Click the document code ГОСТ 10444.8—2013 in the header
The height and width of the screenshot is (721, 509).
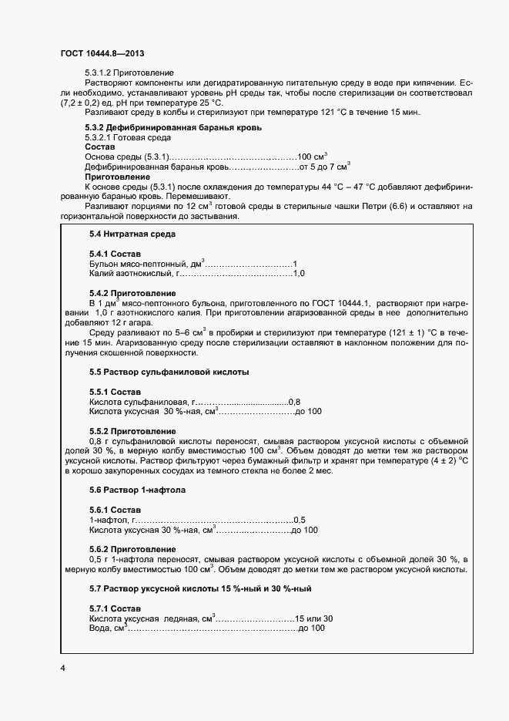[x=102, y=53]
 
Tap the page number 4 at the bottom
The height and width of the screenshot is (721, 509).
[x=62, y=667]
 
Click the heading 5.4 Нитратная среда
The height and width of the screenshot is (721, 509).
[x=133, y=234]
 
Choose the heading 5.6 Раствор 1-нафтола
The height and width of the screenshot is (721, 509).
[x=137, y=490]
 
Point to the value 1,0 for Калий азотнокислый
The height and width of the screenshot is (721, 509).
[x=300, y=273]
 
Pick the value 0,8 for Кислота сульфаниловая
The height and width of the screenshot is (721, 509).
[x=294, y=402]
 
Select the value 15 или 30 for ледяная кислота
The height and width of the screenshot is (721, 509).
[x=315, y=619]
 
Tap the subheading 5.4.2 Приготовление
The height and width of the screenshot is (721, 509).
[x=132, y=293]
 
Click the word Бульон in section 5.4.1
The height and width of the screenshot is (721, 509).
[x=104, y=264]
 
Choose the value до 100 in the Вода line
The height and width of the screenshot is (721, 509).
[x=312, y=628]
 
